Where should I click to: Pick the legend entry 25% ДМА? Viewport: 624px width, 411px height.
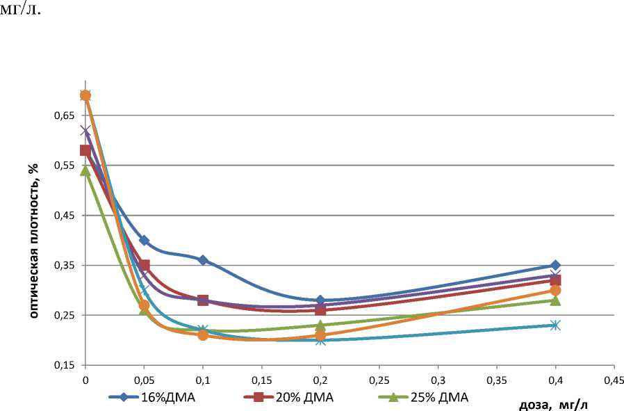[x=438, y=398]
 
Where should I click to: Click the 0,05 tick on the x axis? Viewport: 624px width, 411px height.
[x=144, y=380]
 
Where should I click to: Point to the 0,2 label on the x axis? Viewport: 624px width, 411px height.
[x=320, y=380]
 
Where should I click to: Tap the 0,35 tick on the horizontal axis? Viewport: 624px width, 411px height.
[x=496, y=380]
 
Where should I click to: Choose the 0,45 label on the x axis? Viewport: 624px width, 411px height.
[x=614, y=380]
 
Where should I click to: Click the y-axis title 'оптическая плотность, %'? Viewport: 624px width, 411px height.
[x=33, y=239]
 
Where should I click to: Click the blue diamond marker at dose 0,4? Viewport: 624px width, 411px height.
[x=555, y=266]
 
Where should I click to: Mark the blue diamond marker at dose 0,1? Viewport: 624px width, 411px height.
[x=203, y=260]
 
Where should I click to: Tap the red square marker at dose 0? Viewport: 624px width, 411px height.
[x=85, y=150]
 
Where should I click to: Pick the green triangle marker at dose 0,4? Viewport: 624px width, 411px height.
[x=555, y=300]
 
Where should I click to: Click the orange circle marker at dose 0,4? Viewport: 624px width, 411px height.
[x=555, y=291]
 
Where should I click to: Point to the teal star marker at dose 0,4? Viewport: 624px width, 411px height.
[x=555, y=325]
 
